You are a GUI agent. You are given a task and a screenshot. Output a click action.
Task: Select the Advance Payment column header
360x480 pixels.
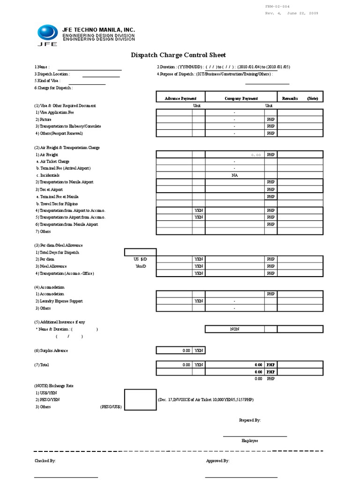pyautogui.click(x=180, y=98)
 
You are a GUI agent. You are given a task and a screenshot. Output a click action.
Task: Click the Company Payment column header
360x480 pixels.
pyautogui.click(x=241, y=98)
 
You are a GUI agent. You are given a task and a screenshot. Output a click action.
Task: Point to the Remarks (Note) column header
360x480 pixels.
pyautogui.click(x=300, y=98)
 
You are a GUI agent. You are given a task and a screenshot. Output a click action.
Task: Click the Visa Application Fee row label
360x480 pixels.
pyautogui.click(x=54, y=112)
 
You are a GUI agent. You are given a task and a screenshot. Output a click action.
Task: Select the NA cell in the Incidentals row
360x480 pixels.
pyautogui.click(x=234, y=175)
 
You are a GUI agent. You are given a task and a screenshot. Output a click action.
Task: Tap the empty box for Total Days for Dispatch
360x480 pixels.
pyautogui.click(x=140, y=252)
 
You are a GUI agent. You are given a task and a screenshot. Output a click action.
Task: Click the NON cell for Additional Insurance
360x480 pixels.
pyautogui.click(x=234, y=329)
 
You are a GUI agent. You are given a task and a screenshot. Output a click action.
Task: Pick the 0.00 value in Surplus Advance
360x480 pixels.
pyautogui.click(x=186, y=351)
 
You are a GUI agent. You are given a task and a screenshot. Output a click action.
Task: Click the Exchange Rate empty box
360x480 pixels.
pyautogui.click(x=140, y=399)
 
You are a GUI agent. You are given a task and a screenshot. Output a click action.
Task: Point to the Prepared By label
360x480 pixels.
pyautogui.click(x=250, y=420)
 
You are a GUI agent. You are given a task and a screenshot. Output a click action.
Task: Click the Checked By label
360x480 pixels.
pyautogui.click(x=45, y=461)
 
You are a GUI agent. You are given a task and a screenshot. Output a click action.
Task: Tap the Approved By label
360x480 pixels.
pyautogui.click(x=217, y=461)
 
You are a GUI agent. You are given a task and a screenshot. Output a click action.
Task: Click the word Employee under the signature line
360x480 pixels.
pyautogui.click(x=249, y=441)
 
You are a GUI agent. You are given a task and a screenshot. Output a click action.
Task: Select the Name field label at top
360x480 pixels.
pyautogui.click(x=42, y=67)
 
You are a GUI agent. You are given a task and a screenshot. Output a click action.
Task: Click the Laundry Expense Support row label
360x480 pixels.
pyautogui.click(x=59, y=301)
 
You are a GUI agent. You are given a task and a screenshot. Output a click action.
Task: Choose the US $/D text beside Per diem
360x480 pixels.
pyautogui.click(x=140, y=259)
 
